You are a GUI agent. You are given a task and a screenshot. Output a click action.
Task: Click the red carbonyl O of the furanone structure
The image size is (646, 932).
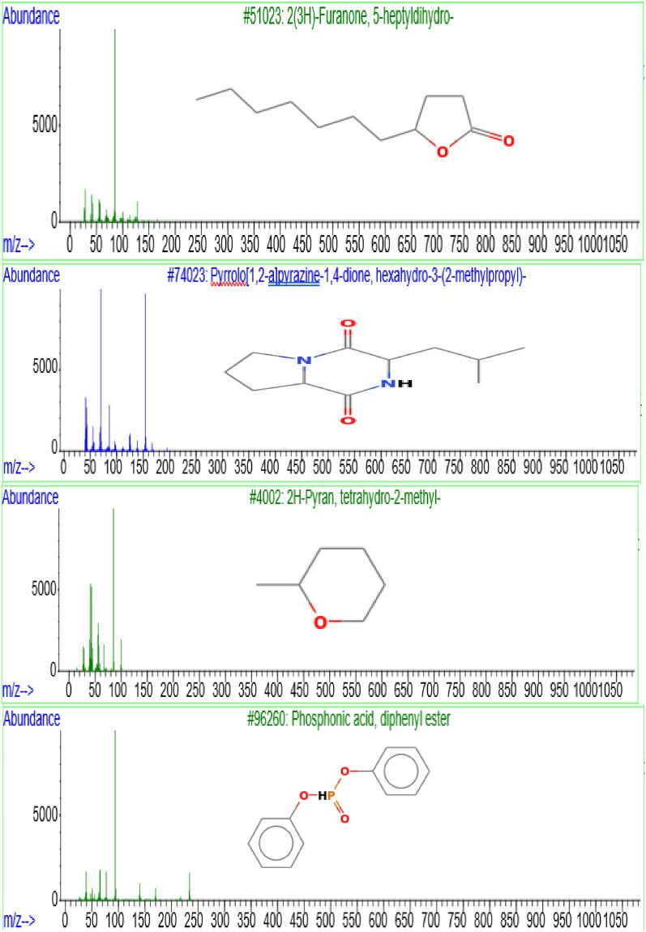coord(508,141)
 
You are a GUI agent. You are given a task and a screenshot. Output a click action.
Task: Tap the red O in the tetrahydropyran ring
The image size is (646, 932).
coord(321,622)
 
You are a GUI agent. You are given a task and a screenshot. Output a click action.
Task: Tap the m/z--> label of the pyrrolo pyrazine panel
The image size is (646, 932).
coord(19,467)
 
